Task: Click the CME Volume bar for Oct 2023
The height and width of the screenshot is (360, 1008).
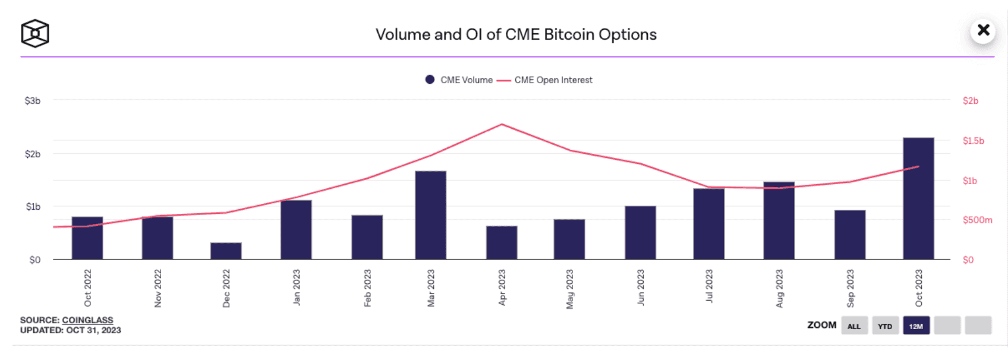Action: (x=918, y=198)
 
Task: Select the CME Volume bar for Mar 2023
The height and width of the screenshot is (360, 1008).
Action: (x=430, y=215)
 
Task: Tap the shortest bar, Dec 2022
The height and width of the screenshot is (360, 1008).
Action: (x=226, y=251)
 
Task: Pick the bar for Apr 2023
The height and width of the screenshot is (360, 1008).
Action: (x=502, y=242)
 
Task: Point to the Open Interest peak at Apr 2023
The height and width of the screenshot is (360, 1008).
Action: (x=502, y=124)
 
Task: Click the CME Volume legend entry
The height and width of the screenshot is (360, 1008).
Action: (x=459, y=80)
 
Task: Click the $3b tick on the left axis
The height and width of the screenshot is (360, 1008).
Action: (x=33, y=101)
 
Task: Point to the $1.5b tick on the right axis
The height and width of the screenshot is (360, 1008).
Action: (x=973, y=141)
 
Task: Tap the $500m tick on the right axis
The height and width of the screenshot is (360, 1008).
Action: (x=977, y=220)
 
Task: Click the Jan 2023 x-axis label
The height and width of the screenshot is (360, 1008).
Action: (x=297, y=288)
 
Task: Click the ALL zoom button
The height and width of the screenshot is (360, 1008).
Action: (x=854, y=326)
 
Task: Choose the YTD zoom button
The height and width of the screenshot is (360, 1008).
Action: (x=885, y=326)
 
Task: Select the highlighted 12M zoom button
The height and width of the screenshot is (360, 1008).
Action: (x=916, y=326)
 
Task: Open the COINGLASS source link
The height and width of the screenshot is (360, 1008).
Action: (x=87, y=320)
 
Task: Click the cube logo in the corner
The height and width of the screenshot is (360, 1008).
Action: (x=35, y=33)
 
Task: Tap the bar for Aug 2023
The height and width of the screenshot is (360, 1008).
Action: (x=779, y=220)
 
